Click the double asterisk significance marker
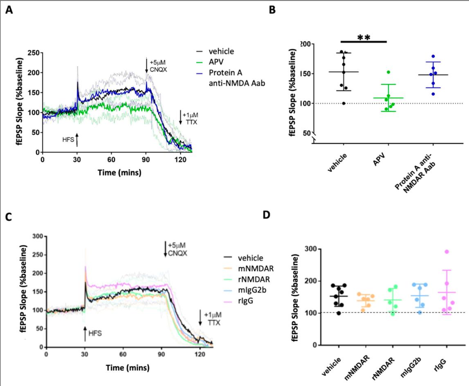coord(364,38)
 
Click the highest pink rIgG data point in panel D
coord(447,252)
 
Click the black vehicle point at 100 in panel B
coord(343,103)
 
